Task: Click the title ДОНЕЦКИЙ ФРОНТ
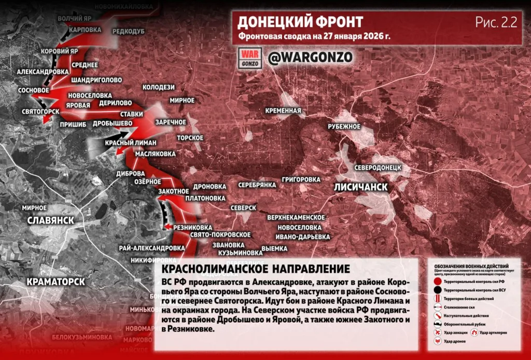coord(300,22)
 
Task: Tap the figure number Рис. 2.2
coord(496,22)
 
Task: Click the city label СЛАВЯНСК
coord(50,220)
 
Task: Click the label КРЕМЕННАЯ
coord(283,110)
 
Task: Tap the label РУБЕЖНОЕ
coord(344,127)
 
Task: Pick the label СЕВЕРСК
coord(243,207)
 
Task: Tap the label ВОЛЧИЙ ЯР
coord(75,19)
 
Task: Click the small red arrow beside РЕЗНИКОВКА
coord(167,227)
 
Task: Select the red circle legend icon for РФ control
coord(438,281)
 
